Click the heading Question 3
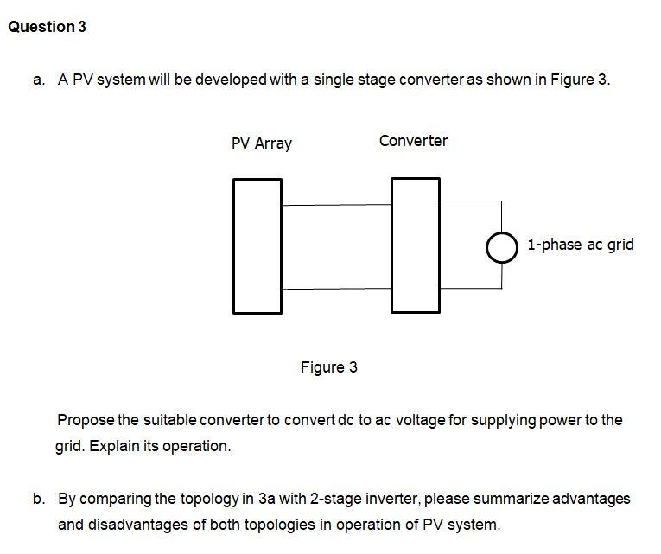click(x=47, y=27)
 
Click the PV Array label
click(x=261, y=143)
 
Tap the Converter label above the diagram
click(x=413, y=141)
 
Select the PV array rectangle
click(x=257, y=245)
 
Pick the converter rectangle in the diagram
click(x=415, y=245)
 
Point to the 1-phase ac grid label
click(x=580, y=245)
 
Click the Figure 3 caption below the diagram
click(x=328, y=367)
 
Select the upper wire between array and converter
click(x=336, y=205)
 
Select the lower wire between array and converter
click(x=336, y=289)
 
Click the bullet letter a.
click(x=38, y=80)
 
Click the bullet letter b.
click(x=38, y=499)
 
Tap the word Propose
click(x=85, y=421)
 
